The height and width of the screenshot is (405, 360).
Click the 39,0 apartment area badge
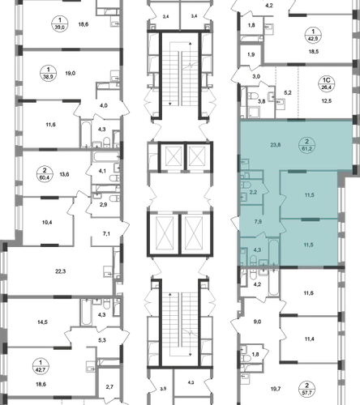60,23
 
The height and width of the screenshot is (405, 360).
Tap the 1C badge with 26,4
326,84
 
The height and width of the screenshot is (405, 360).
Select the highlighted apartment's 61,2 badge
306,145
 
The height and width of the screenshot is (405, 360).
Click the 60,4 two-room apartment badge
45,174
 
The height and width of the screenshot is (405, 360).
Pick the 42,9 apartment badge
313,35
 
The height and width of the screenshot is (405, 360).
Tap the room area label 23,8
276,145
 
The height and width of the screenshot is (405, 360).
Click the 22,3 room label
60,271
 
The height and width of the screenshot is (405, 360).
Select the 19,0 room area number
71,73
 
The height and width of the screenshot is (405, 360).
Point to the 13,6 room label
64,174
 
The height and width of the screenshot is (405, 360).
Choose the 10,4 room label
47,223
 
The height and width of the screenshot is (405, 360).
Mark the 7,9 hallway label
258,222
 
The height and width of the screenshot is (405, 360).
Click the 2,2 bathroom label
253,193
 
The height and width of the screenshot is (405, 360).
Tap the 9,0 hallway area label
257,322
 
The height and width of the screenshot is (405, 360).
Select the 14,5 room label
42,322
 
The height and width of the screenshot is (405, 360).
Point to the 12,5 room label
327,101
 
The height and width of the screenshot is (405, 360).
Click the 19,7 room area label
276,389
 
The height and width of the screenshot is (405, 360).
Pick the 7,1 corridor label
106,234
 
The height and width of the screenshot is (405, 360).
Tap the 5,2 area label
288,93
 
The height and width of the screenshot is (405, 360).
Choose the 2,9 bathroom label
103,205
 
